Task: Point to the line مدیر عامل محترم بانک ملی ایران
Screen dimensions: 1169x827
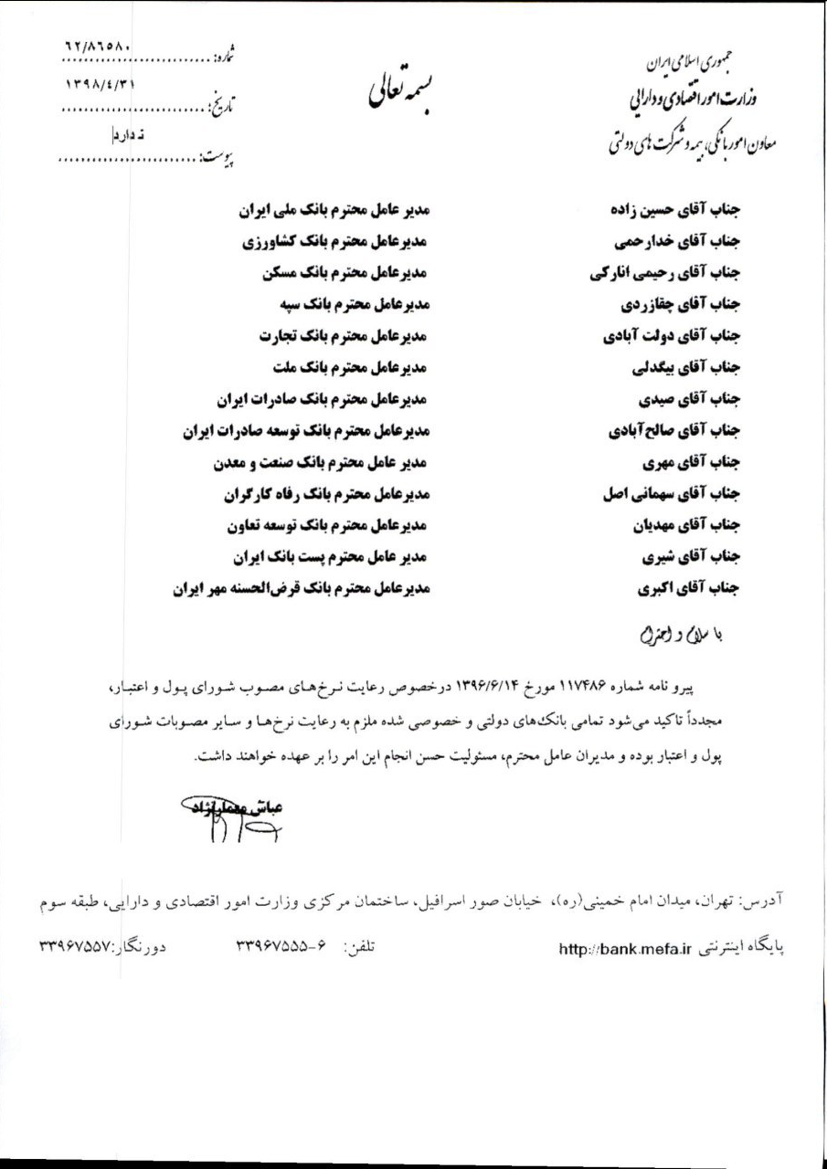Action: pyautogui.click(x=334, y=210)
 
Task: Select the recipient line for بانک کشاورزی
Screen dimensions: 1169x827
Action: pyautogui.click(x=335, y=242)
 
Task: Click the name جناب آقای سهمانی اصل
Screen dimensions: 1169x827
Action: pyautogui.click(x=671, y=494)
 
